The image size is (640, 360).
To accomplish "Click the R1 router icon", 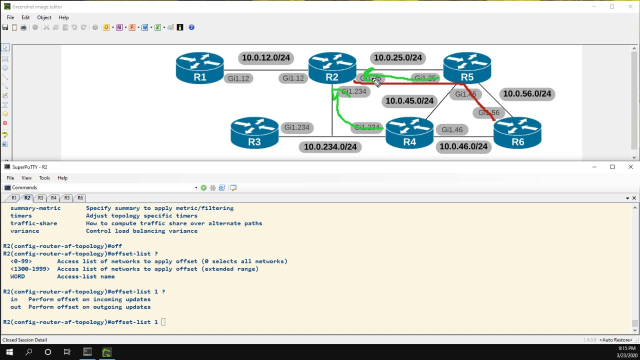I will (x=199, y=68).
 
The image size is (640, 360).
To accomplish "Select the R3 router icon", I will (x=254, y=133).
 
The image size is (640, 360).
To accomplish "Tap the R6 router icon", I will (x=517, y=133).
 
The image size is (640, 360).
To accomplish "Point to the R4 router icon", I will (x=409, y=133).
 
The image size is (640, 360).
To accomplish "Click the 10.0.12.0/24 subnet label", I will (x=265, y=58).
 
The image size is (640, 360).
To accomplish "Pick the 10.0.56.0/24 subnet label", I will (x=527, y=94).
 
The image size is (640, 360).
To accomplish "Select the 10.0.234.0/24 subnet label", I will (x=330, y=147).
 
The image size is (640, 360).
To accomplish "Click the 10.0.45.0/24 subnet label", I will (x=409, y=101).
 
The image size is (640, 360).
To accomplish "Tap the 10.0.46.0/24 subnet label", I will (x=463, y=146).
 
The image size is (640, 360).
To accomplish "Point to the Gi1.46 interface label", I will (x=452, y=130).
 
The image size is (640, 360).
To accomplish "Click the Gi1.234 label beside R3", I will (x=296, y=127).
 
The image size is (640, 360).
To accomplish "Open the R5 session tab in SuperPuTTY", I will (x=67, y=198).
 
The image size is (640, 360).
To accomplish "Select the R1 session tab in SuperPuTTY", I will (x=14, y=198).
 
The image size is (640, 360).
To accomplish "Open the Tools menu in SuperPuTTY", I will (x=44, y=178).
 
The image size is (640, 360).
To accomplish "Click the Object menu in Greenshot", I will (x=44, y=17).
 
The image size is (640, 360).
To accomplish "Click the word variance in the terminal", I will (x=24, y=231).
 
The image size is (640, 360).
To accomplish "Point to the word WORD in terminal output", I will (x=17, y=276).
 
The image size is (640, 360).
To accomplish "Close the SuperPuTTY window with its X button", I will (x=630, y=167).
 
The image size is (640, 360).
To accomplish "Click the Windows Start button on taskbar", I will (x=9, y=352).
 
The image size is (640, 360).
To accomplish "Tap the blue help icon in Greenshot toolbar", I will (x=191, y=27).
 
